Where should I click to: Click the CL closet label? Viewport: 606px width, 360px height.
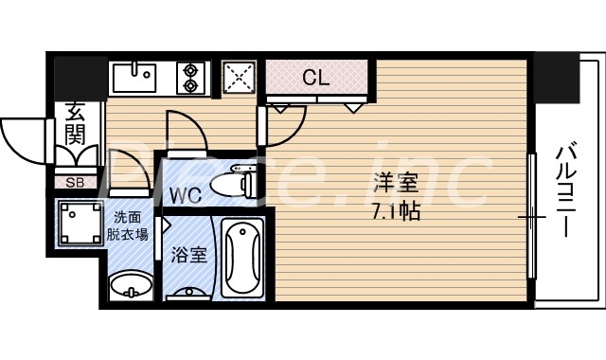[315, 78]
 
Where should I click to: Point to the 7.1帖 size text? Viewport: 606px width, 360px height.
[397, 212]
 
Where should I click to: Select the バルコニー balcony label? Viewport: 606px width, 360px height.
[566, 190]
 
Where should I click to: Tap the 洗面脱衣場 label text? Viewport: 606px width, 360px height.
[131, 225]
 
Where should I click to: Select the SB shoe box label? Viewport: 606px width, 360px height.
[73, 182]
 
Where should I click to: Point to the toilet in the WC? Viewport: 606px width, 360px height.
[232, 184]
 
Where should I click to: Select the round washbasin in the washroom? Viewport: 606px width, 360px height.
[130, 285]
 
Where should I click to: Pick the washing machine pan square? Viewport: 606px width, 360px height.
[80, 225]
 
